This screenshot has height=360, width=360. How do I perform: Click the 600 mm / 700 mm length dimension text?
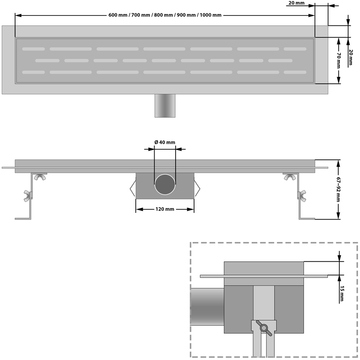click(165, 15)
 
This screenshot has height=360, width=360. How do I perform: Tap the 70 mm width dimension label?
click(339, 60)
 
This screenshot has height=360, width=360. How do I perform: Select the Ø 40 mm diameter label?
click(165, 142)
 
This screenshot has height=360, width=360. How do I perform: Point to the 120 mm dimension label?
click(165, 209)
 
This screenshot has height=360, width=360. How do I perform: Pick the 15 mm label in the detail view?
click(341, 294)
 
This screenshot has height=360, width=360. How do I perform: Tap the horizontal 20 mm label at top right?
click(296, 4)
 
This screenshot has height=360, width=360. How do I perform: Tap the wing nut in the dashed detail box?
click(264, 328)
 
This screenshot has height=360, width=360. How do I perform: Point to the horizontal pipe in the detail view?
click(207, 306)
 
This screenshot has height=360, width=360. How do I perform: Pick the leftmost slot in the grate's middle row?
click(47, 60)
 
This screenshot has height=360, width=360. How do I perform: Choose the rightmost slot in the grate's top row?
click(295, 49)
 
